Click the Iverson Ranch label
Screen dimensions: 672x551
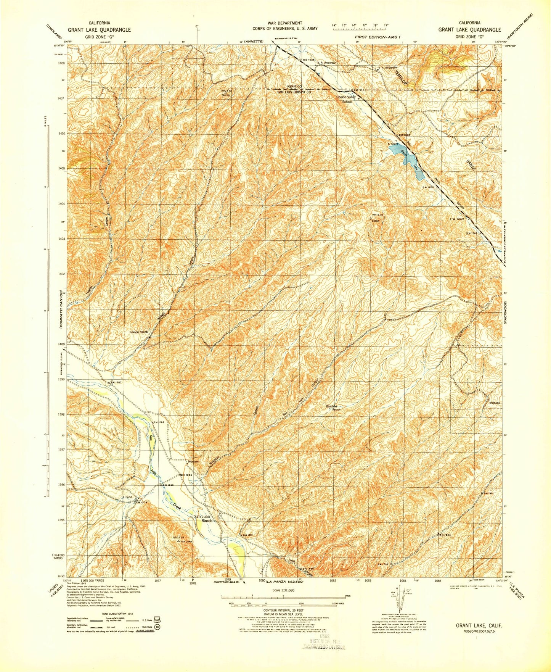pyautogui.click(x=138, y=332)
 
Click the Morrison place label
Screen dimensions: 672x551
pyautogui.click(x=194, y=461)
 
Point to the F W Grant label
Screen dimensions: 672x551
pyautogui.click(x=457, y=219)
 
